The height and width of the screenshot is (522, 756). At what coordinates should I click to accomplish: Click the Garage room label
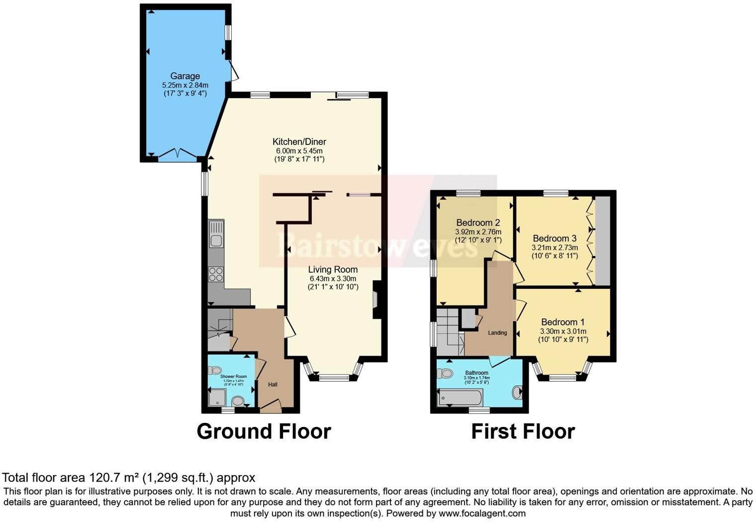click(185, 76)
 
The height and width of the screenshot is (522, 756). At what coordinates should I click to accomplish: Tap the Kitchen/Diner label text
click(299, 141)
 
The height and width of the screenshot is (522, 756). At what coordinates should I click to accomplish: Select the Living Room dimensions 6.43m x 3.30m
click(333, 278)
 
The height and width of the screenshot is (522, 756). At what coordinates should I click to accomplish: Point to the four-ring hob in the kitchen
click(216, 274)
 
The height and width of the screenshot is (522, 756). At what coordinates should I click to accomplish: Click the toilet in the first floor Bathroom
click(446, 373)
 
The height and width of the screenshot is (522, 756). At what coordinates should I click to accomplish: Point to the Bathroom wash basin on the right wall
click(518, 392)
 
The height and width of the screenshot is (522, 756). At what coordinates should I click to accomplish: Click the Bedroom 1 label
click(563, 322)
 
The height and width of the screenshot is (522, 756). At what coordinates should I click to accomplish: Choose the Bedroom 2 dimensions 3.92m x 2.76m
click(478, 232)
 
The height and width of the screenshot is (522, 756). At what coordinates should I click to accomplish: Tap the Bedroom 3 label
click(555, 239)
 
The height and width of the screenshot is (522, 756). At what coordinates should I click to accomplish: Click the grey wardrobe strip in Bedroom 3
click(602, 241)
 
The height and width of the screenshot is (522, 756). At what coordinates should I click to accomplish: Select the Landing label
click(497, 333)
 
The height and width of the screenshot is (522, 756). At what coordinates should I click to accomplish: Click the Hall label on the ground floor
click(273, 385)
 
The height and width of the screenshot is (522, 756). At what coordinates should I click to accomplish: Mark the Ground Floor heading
click(264, 431)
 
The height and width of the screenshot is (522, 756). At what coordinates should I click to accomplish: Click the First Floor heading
click(523, 431)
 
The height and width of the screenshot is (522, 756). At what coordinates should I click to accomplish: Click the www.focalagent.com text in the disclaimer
click(482, 513)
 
